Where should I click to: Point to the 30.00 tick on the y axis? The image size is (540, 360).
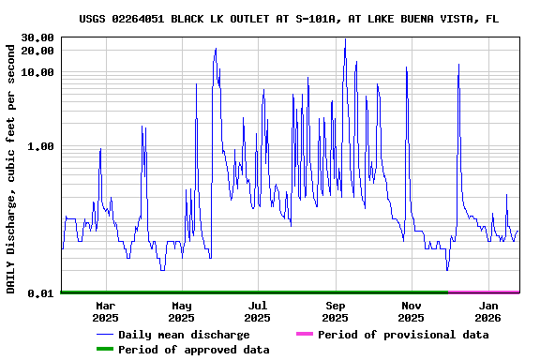click(38, 37)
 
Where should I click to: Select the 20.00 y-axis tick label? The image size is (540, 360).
click(38, 51)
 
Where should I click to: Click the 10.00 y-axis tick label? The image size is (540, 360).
click(38, 72)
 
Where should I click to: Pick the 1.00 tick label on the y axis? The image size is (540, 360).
click(41, 146)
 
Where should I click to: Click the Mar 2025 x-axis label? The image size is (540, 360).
click(105, 311)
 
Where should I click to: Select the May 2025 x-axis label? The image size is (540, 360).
click(182, 311)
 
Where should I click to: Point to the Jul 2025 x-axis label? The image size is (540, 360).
click(258, 311)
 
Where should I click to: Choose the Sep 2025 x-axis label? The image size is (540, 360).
click(336, 311)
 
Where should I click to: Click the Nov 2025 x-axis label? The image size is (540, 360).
click(412, 311)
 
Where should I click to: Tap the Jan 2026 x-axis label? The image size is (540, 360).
click(488, 311)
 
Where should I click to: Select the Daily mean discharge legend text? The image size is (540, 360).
click(184, 335)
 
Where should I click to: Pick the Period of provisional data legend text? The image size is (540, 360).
click(403, 335)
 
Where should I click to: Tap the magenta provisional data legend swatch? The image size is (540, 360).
click(304, 335)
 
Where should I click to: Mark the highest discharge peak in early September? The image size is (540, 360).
click(345, 39)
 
